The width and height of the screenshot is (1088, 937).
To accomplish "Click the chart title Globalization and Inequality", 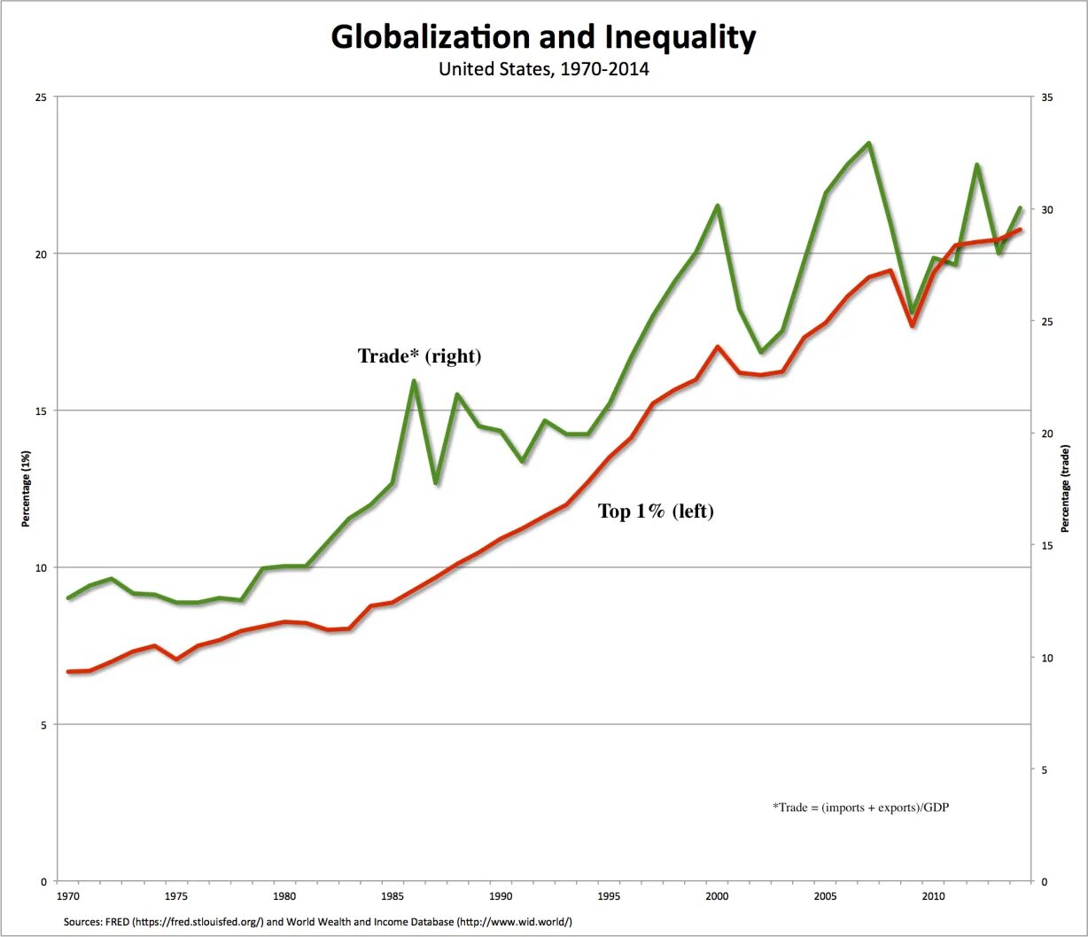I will (x=543, y=38).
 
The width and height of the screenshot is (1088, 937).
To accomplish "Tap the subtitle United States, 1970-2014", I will (x=543, y=69).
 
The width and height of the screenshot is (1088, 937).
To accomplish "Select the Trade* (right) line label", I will (x=419, y=356).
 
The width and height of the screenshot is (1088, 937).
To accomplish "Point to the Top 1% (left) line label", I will (x=656, y=511).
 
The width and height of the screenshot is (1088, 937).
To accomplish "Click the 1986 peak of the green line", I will (x=414, y=381).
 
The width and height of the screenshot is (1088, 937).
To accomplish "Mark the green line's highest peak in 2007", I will (x=869, y=144).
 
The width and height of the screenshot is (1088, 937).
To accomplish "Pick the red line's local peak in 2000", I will (x=718, y=347).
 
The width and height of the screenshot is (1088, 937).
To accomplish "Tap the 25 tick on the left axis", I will (x=41, y=97).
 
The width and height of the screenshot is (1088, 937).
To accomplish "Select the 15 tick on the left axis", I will (x=41, y=410).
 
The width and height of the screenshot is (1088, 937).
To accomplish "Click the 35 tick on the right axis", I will (x=1046, y=97).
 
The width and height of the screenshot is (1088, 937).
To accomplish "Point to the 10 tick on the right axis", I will (x=1046, y=658).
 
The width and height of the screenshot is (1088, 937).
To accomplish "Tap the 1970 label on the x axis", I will (x=67, y=897).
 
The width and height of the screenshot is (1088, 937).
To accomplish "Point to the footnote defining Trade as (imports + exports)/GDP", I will (x=860, y=808).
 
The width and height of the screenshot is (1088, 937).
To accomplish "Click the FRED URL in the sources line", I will (x=198, y=922).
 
